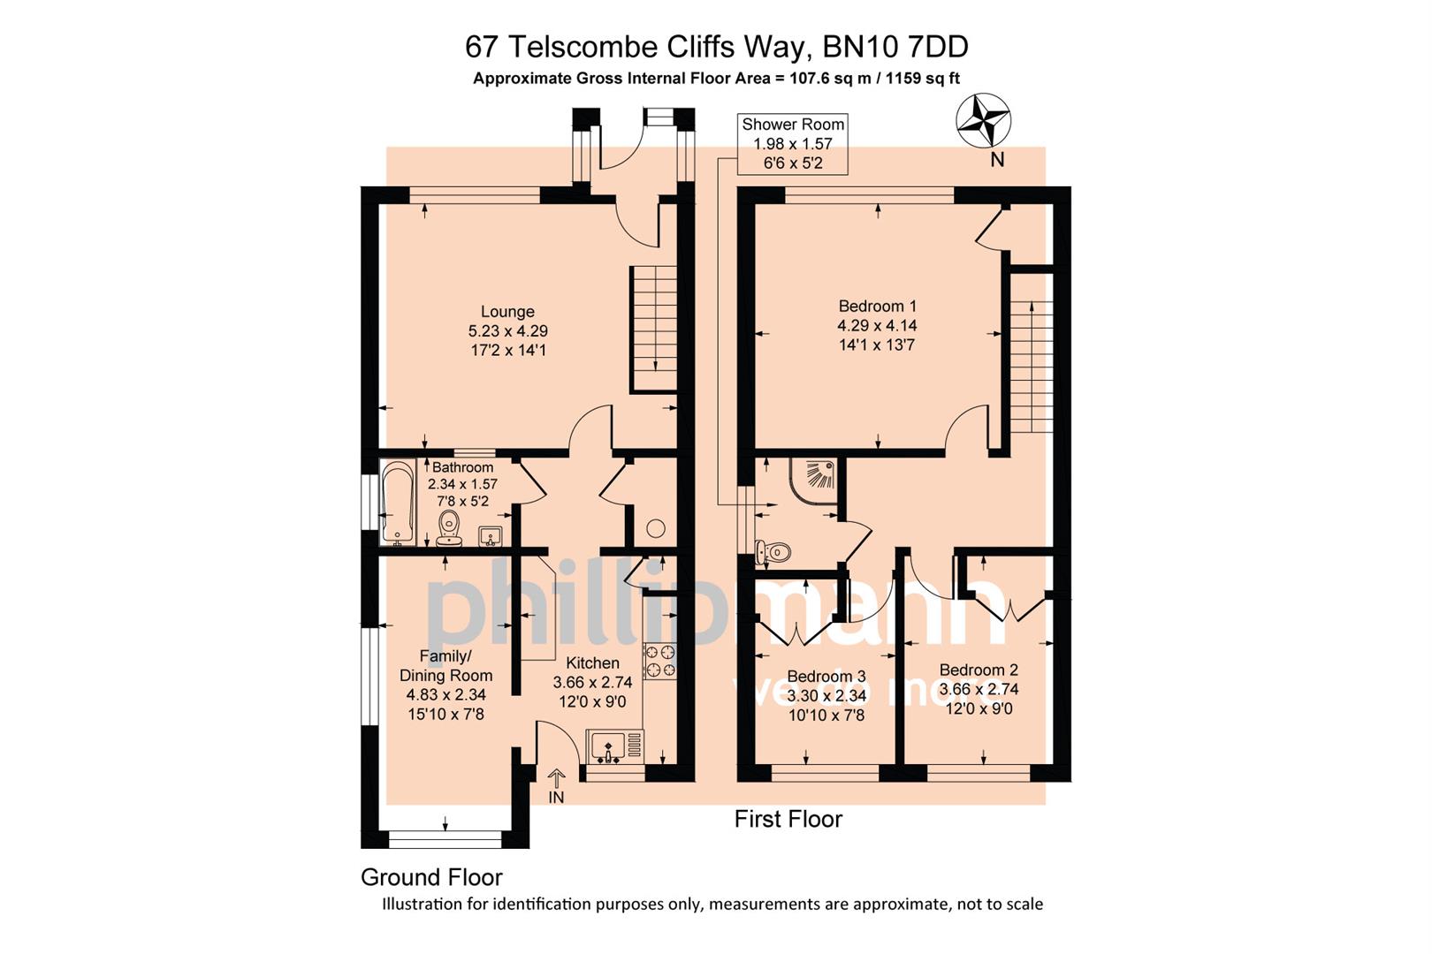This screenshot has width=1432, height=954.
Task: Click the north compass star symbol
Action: point(984,120)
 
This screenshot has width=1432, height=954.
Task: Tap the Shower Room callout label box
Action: point(793,144)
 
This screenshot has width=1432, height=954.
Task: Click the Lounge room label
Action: point(507,312)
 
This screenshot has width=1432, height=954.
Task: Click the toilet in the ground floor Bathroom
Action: point(450,528)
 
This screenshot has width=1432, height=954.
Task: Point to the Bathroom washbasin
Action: point(491,535)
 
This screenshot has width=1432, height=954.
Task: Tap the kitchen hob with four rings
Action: point(659,662)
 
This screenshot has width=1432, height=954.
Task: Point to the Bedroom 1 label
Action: point(877,307)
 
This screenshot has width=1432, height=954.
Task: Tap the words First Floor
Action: point(788,820)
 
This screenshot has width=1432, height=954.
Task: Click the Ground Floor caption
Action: point(431,877)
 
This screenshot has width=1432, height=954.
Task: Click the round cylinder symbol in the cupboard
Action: point(656,528)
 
